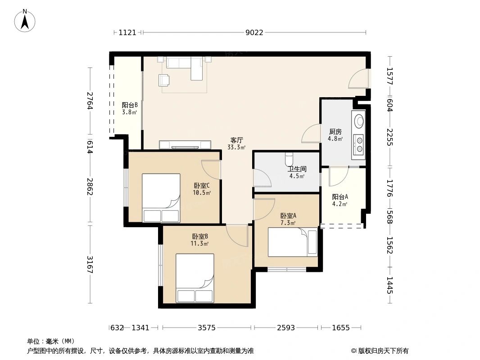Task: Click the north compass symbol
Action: [25, 20]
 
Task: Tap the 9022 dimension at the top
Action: [254, 32]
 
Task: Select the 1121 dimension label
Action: [127, 32]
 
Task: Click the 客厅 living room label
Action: [236, 140]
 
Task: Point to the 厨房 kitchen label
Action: [335, 132]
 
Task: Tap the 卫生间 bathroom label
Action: [297, 169]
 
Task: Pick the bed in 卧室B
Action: [195, 278]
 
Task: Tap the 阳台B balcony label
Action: [129, 105]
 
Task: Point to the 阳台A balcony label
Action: [340, 197]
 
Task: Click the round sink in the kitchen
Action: [359, 121]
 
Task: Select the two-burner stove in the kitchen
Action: [359, 144]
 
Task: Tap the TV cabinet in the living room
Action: [185, 145]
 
